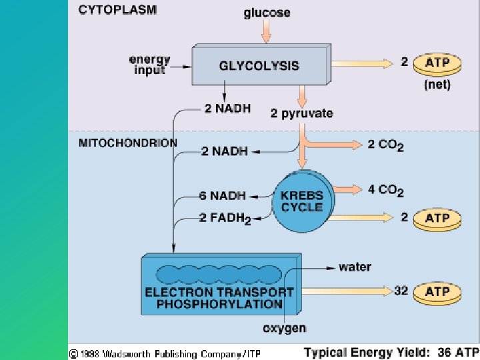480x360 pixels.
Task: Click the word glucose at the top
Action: click(x=267, y=13)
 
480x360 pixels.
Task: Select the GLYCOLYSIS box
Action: click(x=259, y=66)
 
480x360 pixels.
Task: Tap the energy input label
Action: click(x=149, y=65)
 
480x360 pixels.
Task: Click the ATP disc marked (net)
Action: click(x=437, y=64)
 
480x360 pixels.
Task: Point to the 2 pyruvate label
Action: click(x=301, y=113)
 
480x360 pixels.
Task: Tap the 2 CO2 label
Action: click(x=385, y=145)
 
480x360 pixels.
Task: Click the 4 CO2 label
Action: click(x=385, y=191)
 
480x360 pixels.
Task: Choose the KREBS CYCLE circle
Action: click(x=301, y=201)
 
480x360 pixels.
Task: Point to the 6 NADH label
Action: click(x=222, y=196)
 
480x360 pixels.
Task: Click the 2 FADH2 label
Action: click(x=225, y=219)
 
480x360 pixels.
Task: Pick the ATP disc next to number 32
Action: click(x=437, y=292)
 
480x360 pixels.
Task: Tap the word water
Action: click(x=355, y=267)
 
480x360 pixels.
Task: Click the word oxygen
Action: click(x=285, y=327)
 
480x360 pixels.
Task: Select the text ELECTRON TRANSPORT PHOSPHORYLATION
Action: click(x=219, y=298)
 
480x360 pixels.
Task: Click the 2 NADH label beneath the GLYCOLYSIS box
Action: click(x=227, y=109)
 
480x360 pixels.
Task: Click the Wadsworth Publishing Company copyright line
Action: click(x=165, y=352)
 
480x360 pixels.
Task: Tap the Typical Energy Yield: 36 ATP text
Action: click(x=391, y=352)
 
